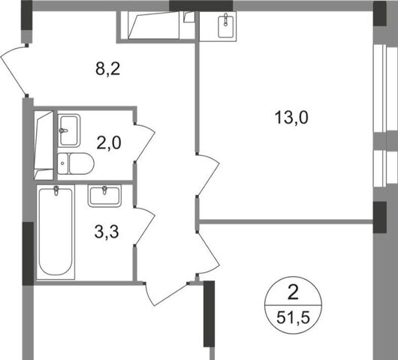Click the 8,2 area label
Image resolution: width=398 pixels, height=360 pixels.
[x=107, y=69]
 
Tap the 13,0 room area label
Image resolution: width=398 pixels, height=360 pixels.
[x=291, y=118]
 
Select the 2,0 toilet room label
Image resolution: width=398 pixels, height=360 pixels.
[x=109, y=143]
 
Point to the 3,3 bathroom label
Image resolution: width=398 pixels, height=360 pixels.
[x=107, y=232]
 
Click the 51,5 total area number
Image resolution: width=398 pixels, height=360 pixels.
[x=293, y=318]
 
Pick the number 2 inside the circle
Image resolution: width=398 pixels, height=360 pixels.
[x=294, y=292]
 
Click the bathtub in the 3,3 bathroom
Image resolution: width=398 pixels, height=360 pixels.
[x=56, y=232]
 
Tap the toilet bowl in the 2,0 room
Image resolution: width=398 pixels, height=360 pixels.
[x=76, y=163]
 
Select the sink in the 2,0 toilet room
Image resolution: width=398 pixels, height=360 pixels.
[x=69, y=130]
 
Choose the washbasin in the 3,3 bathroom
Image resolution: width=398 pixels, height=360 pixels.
[x=104, y=196]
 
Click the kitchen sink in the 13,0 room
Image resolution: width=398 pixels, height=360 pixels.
[x=225, y=25]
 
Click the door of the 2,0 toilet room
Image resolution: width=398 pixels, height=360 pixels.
[x=145, y=142]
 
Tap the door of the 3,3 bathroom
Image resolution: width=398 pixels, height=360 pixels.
[x=145, y=226]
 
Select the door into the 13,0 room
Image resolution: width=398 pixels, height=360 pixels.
[x=208, y=175]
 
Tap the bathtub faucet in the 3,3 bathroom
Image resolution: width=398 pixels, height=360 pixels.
[x=56, y=190]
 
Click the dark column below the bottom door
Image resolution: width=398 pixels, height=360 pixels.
[x=210, y=313]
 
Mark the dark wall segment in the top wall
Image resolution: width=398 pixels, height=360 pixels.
[x=201, y=6]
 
